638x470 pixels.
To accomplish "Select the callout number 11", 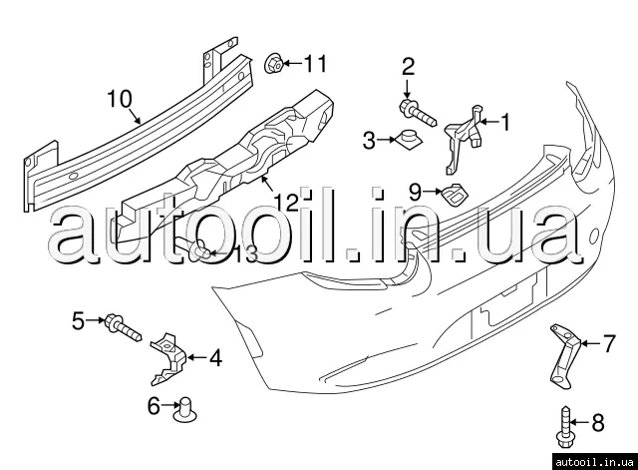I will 316,65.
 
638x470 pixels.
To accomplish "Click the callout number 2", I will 408,67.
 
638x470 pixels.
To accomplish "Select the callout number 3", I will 369,141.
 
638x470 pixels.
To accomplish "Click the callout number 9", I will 416,188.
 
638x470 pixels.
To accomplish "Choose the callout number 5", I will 78,320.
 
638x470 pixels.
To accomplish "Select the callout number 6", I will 154,405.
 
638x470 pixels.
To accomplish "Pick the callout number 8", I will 598,422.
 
